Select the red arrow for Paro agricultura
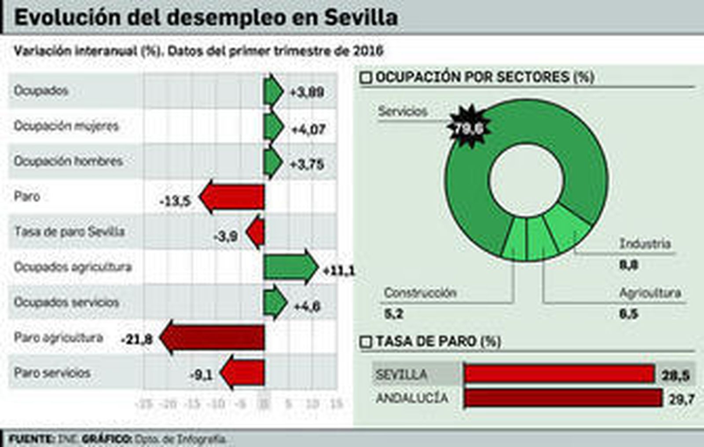pos(213,338)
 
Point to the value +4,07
pos(308,129)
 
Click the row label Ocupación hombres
pos(68,161)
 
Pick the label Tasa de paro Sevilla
pos(70,232)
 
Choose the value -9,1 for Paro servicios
pos(201,375)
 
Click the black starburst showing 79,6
pos(469,127)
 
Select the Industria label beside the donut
pos(645,243)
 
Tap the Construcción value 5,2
pos(393,314)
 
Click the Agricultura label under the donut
pos(650,293)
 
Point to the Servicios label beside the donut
pos(403,112)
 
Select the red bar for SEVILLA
pos(559,374)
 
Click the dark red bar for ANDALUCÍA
pos(563,398)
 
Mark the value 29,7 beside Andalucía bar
pos(682,400)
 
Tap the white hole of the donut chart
pos(526,180)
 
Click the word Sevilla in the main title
pos(361,18)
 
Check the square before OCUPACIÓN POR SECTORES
pos(366,78)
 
